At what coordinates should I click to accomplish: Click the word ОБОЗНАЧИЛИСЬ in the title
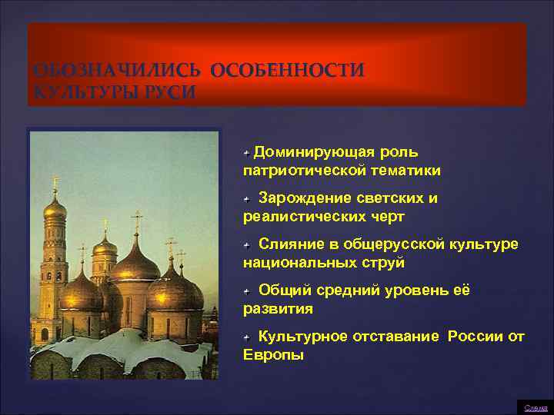click(x=118, y=71)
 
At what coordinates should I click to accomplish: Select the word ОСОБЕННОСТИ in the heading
click(x=287, y=71)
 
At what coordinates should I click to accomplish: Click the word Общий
click(x=284, y=290)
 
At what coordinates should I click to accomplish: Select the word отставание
click(x=397, y=337)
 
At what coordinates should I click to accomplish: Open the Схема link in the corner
click(x=536, y=407)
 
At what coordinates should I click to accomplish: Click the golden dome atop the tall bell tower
click(x=55, y=208)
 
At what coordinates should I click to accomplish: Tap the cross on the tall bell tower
click(x=55, y=184)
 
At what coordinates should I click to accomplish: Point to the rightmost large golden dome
click(x=175, y=289)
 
